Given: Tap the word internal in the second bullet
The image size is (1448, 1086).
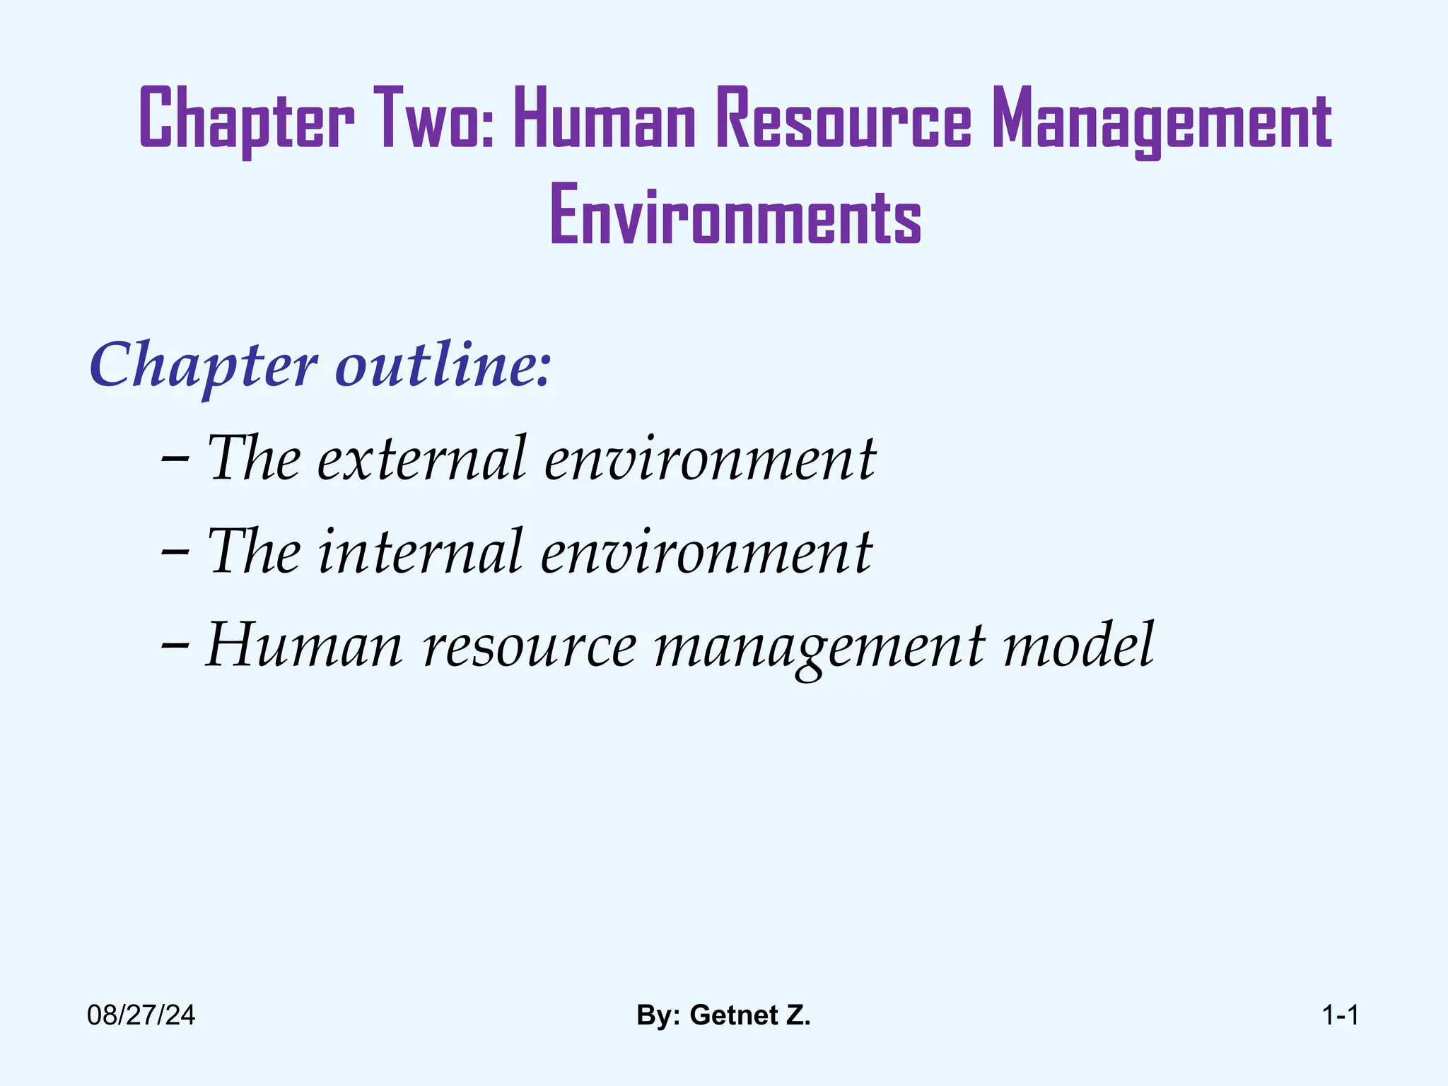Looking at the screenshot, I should click(x=421, y=552).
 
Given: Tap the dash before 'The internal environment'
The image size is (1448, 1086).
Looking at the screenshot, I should click(x=175, y=552).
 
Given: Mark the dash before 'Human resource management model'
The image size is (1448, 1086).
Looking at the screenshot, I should click(x=175, y=646).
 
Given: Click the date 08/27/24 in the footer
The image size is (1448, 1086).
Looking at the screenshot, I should click(x=141, y=1016).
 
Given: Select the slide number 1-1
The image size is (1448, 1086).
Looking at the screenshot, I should click(x=1340, y=1016).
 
